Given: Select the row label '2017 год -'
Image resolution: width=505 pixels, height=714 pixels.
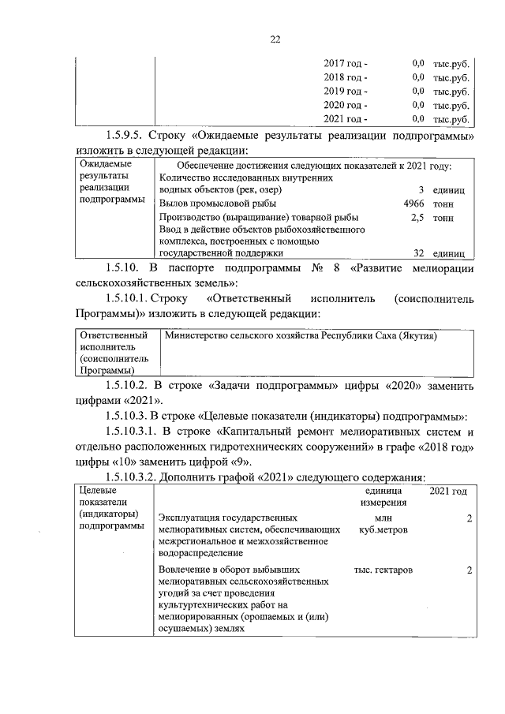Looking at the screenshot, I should pos(346,63).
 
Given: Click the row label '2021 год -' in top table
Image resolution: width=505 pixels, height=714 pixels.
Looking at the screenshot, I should pos(346,119).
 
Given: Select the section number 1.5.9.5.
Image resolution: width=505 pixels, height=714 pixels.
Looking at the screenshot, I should pos(129,136).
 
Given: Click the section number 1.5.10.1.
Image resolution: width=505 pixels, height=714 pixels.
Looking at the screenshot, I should pos(132,299).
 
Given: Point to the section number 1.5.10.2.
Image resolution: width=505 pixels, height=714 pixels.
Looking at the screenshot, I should pos(132,387).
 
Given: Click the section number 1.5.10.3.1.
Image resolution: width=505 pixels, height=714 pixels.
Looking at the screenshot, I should pos(137,431).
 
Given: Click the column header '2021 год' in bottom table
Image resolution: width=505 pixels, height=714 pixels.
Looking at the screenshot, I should pos(447,491).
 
